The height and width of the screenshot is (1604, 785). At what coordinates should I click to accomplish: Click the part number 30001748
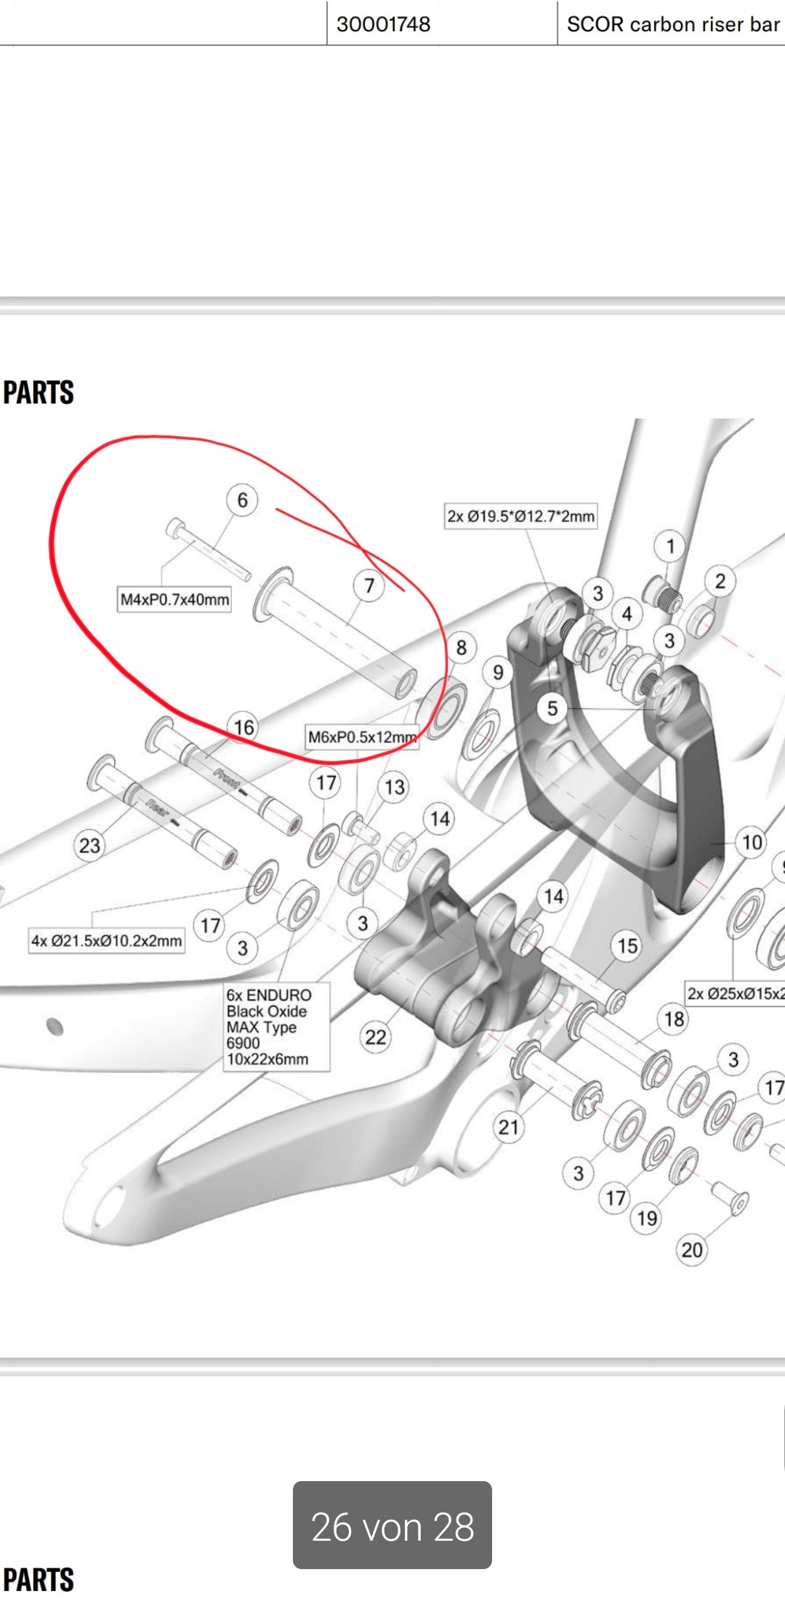pyautogui.click(x=383, y=24)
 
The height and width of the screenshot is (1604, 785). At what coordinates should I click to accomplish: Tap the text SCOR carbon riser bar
pyautogui.click(x=672, y=24)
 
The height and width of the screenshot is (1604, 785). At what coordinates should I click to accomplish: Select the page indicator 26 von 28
pyautogui.click(x=392, y=1526)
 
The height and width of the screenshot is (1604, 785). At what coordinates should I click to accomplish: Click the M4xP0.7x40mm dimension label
pyautogui.click(x=174, y=600)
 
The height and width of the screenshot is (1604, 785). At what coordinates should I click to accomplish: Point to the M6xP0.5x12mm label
pyautogui.click(x=361, y=737)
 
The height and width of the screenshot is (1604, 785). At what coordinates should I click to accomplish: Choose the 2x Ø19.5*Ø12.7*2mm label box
pyautogui.click(x=520, y=516)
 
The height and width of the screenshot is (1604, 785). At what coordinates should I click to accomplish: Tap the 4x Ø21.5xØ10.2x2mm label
pyautogui.click(x=106, y=941)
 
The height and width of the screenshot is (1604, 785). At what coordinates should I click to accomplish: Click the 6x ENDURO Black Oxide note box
pyautogui.click(x=277, y=1027)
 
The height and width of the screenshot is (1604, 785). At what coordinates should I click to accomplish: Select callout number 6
pyautogui.click(x=242, y=500)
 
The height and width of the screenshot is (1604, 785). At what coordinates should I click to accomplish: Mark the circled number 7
pyautogui.click(x=369, y=585)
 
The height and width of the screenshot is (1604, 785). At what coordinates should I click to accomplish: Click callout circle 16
pyautogui.click(x=243, y=727)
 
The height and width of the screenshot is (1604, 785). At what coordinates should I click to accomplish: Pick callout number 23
pyautogui.click(x=89, y=846)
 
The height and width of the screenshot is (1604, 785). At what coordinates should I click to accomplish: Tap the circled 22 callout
pyautogui.click(x=376, y=1037)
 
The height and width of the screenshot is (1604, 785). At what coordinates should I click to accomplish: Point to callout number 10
pyautogui.click(x=752, y=843)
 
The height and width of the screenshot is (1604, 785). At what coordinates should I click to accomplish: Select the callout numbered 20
pyautogui.click(x=692, y=1250)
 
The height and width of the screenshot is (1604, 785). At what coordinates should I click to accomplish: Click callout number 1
pyautogui.click(x=670, y=545)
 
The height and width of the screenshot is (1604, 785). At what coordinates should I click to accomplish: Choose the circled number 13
pyautogui.click(x=395, y=787)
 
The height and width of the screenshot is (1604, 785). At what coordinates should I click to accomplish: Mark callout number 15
pyautogui.click(x=627, y=946)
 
